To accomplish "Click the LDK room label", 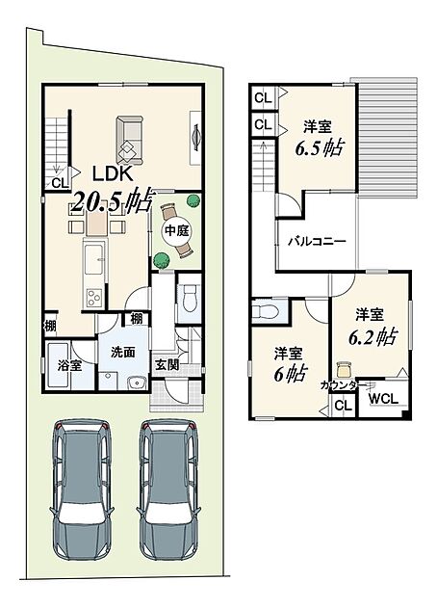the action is (x=113, y=174).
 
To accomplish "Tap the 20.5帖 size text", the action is (x=112, y=199).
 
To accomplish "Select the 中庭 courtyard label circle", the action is (x=177, y=231).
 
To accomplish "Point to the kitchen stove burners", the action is (x=94, y=298).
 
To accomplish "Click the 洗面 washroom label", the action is (x=123, y=352).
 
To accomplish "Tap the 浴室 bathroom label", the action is (x=69, y=365).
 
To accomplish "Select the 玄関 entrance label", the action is (x=167, y=364).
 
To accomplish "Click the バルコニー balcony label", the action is (x=317, y=242).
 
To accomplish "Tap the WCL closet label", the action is (x=383, y=399).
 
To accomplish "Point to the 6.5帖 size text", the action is (x=320, y=148).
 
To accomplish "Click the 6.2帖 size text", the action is (x=373, y=337).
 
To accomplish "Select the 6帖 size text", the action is (x=291, y=374).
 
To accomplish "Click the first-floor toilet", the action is (x=189, y=299).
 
